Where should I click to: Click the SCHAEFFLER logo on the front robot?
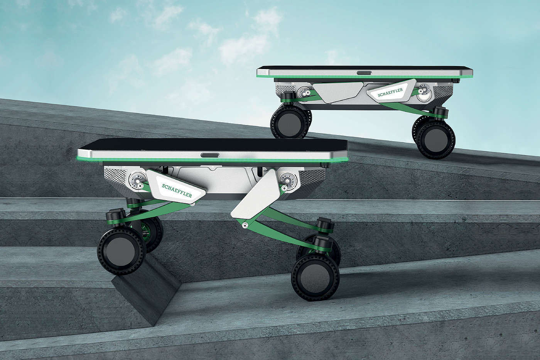click(x=177, y=191)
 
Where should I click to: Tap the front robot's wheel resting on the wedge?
click(x=121, y=251)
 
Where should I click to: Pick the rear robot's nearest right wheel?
click(x=436, y=139)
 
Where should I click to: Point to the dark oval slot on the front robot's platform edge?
click(x=210, y=155)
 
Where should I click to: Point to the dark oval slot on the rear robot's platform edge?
click(x=364, y=73)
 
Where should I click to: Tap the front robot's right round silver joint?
click(x=288, y=180)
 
